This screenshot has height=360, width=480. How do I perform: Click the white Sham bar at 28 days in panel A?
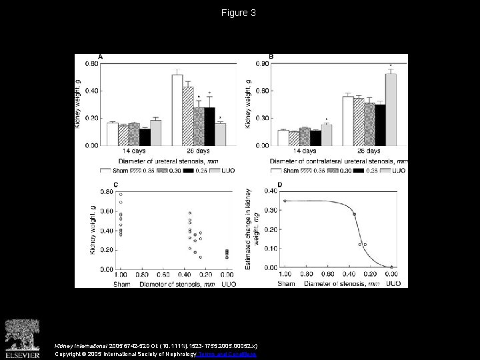coord(177,110)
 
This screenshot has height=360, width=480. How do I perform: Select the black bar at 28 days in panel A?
coord(209,126)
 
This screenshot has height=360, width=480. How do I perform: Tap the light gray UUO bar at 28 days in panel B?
coord(391,109)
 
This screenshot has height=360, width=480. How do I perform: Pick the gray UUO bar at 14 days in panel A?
coord(155,133)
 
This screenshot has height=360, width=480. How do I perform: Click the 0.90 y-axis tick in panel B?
coord(263,63)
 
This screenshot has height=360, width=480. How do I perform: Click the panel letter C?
coord(99,184)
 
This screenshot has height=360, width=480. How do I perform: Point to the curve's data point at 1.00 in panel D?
coord(285,201)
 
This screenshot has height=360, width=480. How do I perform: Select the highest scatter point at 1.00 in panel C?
coord(121,195)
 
